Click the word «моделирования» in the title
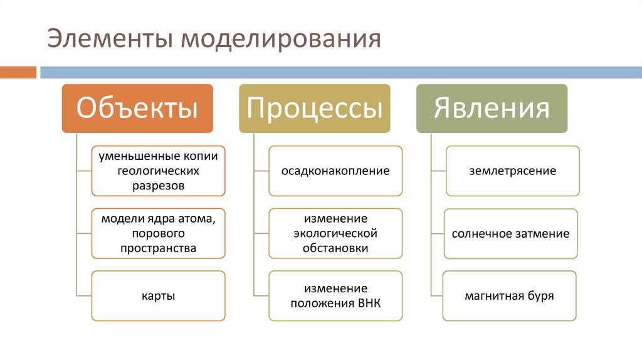281,38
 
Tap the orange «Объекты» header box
137,108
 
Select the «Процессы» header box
314,108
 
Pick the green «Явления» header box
492,108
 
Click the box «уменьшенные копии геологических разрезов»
158,171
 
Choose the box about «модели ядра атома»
158,233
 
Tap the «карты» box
158,296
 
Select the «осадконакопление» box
335,171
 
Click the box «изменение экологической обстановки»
335,233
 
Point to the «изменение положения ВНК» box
335,296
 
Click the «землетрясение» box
512,171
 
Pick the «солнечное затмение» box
510,234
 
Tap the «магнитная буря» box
509,296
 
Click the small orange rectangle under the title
18,72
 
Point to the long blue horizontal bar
339,72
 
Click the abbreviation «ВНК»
369,304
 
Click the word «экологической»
335,233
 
